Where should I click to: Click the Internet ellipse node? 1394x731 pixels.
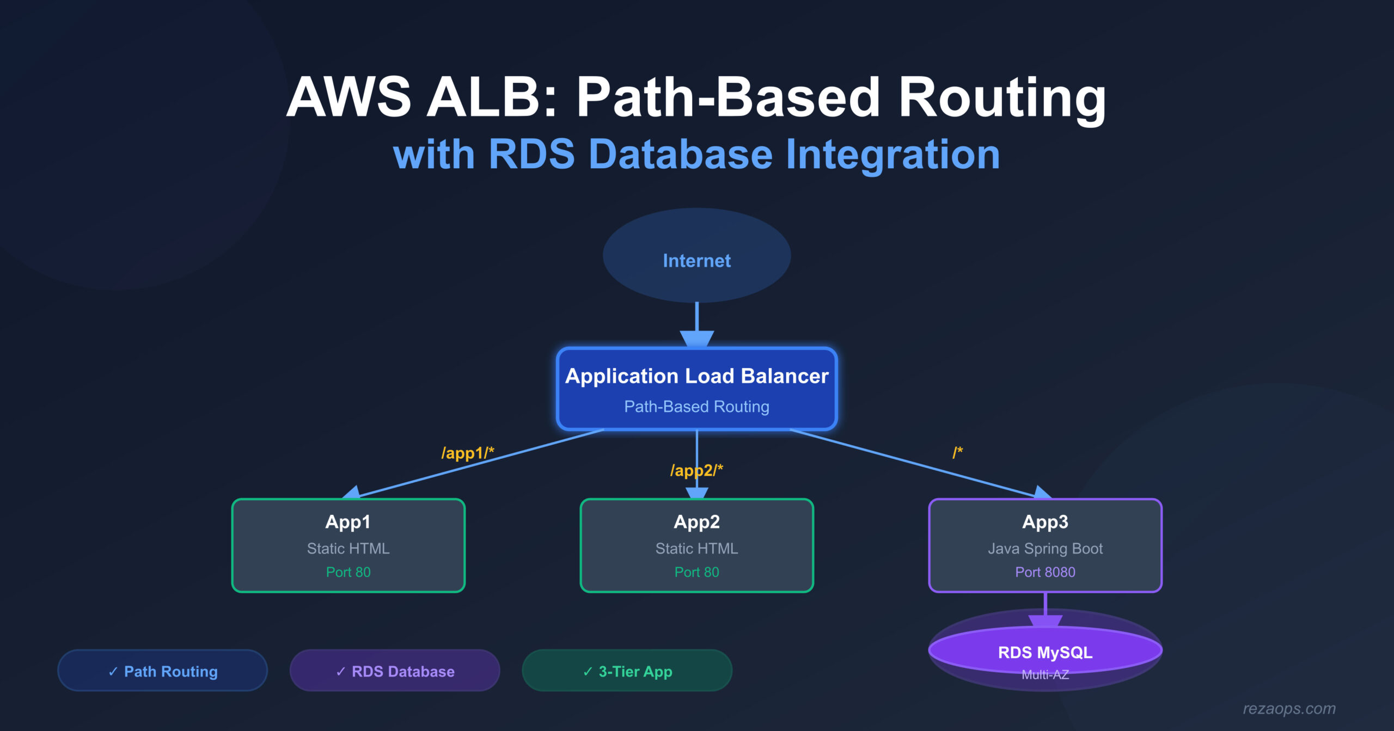[696, 256]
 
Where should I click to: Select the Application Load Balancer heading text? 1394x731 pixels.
[696, 376]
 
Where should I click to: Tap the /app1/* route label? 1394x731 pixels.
[467, 453]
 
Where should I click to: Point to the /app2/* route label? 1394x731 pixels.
[696, 470]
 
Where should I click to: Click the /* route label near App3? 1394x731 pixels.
[957, 452]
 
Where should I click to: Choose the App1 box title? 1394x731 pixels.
[348, 522]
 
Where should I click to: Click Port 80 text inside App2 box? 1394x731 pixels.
[696, 572]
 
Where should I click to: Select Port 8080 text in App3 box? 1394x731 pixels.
[1045, 572]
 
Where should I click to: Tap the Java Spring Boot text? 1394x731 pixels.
[1045, 549]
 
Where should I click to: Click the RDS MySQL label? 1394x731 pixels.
[1045, 652]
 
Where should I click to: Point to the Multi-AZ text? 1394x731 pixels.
[1045, 675]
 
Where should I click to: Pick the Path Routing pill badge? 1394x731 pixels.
[162, 671]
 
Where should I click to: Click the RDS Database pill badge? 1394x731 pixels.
[395, 671]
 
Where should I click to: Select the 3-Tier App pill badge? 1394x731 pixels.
[627, 671]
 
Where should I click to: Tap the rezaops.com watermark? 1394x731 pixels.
[1289, 709]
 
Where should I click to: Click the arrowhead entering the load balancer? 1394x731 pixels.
[696, 339]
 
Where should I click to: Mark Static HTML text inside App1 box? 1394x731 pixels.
[348, 549]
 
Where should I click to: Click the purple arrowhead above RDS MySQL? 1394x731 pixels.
[1045, 621]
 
